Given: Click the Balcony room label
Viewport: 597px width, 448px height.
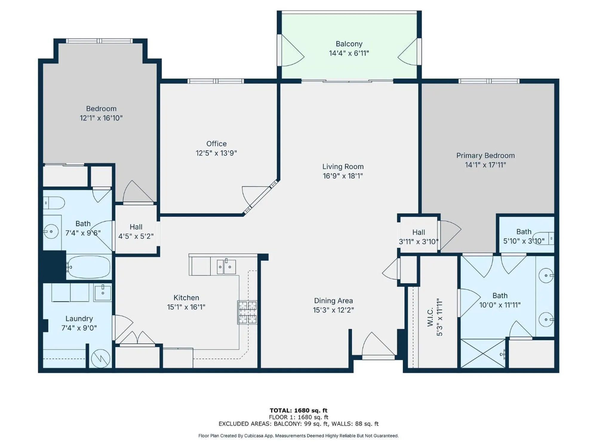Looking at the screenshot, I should pyautogui.click(x=349, y=44).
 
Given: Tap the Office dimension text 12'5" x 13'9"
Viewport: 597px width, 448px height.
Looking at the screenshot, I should pyautogui.click(x=216, y=153).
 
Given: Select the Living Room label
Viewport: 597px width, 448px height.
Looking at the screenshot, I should pyautogui.click(x=343, y=167).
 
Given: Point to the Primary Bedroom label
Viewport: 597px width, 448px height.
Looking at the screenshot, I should pyautogui.click(x=485, y=156).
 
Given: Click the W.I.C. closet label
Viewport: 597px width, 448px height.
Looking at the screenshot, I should pyautogui.click(x=430, y=317).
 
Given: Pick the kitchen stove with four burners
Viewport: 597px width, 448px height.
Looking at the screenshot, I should pyautogui.click(x=247, y=312).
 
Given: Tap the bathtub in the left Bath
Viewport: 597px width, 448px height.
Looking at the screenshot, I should pyautogui.click(x=89, y=267).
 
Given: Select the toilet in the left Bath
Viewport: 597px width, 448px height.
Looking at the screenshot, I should pyautogui.click(x=54, y=203).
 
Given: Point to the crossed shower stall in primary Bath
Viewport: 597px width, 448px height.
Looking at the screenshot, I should pyautogui.click(x=483, y=353).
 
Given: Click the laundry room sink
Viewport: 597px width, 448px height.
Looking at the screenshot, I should pyautogui.click(x=103, y=293).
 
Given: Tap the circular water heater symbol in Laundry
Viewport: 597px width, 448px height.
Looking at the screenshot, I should pyautogui.click(x=101, y=358).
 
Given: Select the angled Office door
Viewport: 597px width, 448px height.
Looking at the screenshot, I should pyautogui.click(x=260, y=198).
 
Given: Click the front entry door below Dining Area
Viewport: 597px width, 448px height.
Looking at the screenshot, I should pyautogui.click(x=378, y=346).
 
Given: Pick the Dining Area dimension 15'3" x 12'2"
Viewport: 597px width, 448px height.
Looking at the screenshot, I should pyautogui.click(x=333, y=310).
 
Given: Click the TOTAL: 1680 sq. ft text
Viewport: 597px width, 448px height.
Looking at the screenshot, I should pyautogui.click(x=298, y=410).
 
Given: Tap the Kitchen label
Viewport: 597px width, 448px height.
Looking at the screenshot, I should pyautogui.click(x=186, y=298).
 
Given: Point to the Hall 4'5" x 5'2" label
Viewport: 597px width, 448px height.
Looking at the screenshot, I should pyautogui.click(x=136, y=227).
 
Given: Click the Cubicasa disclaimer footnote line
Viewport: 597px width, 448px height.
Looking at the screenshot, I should pyautogui.click(x=298, y=436).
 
